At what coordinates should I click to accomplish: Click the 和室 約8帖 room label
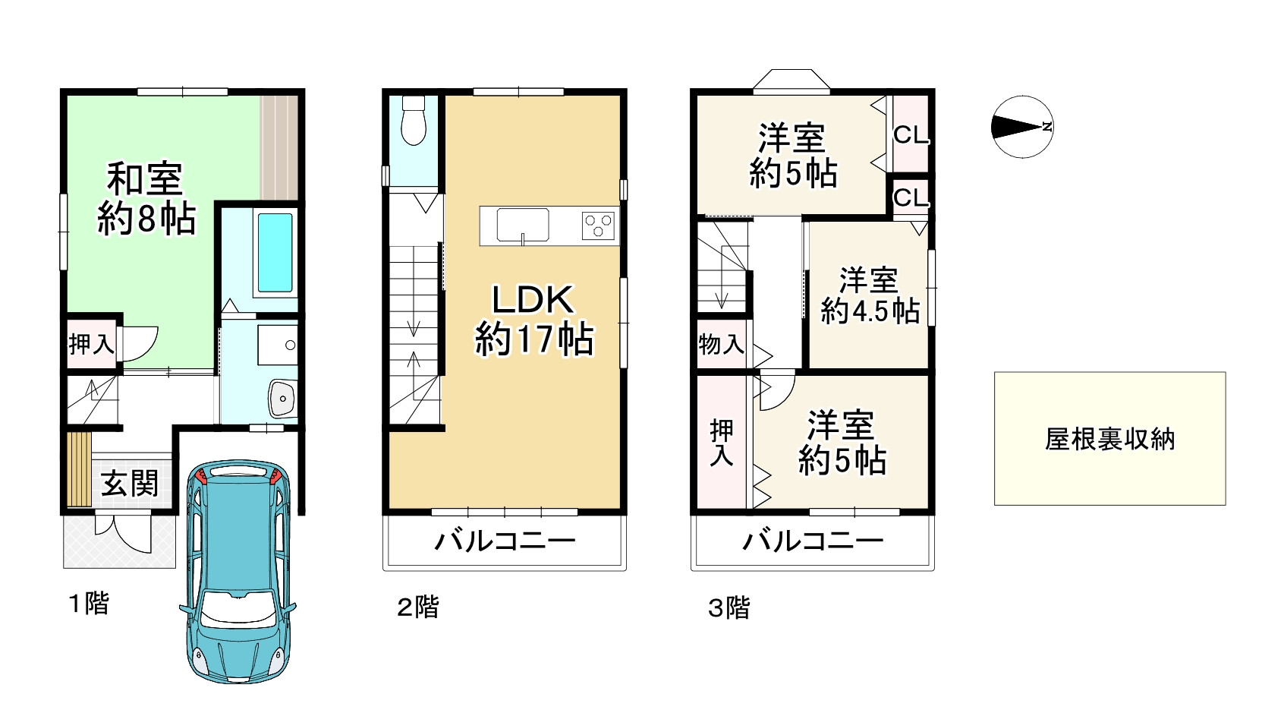(x=146, y=199)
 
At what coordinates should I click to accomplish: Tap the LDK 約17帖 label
(x=533, y=320)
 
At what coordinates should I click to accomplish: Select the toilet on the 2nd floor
(x=414, y=120)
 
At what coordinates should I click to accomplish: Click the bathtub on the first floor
(x=275, y=253)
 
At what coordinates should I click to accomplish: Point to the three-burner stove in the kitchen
(x=600, y=226)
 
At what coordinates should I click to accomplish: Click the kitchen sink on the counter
(x=523, y=226)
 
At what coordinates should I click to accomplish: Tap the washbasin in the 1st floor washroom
(x=282, y=398)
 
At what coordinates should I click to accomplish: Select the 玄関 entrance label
(x=130, y=483)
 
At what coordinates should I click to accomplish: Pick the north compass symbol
(x=1022, y=127)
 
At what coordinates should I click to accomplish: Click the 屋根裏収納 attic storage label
(x=1109, y=439)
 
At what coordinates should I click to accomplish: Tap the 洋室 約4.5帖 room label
(x=870, y=295)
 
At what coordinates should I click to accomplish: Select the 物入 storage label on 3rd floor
(x=721, y=345)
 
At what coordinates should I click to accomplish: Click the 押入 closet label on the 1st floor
(x=91, y=345)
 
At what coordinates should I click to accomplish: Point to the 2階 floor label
(x=418, y=607)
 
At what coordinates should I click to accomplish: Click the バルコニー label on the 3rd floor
(x=813, y=541)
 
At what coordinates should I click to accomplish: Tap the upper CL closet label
(x=911, y=135)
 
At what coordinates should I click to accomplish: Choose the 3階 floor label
(x=729, y=607)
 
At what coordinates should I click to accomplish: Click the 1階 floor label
(x=90, y=604)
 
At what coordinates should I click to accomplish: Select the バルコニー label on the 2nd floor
(x=505, y=541)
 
